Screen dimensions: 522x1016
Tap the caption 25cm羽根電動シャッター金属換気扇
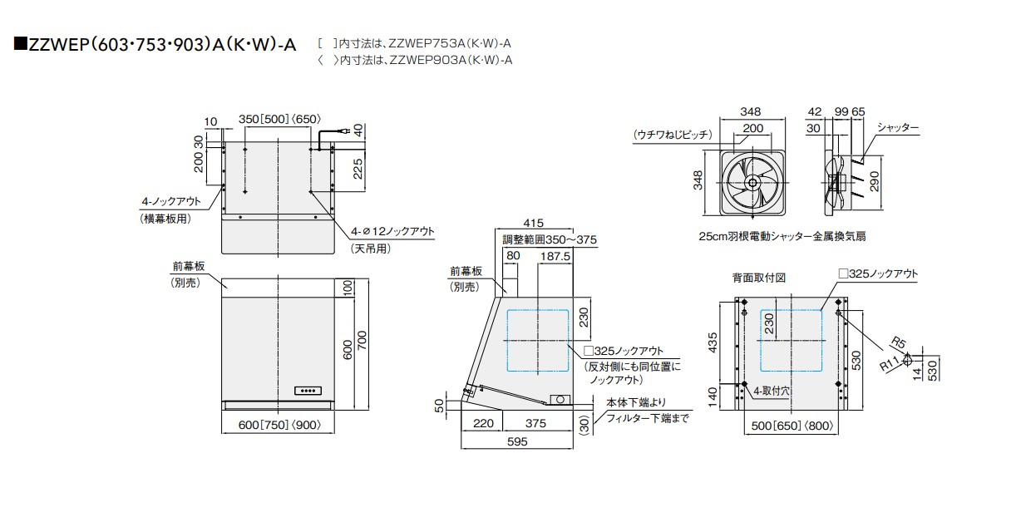tap(782, 236)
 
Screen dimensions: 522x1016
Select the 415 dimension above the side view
tap(534, 224)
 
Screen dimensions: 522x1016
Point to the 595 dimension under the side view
tap(517, 442)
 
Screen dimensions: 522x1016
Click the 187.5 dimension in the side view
tap(555, 257)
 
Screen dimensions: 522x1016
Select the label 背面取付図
tap(758, 278)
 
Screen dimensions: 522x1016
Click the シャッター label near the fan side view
tap(898, 127)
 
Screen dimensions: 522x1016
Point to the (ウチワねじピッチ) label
tap(671, 134)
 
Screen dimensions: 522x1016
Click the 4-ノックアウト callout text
tap(171, 201)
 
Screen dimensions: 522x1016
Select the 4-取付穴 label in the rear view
tap(772, 390)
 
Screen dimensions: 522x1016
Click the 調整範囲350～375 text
tap(550, 239)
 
